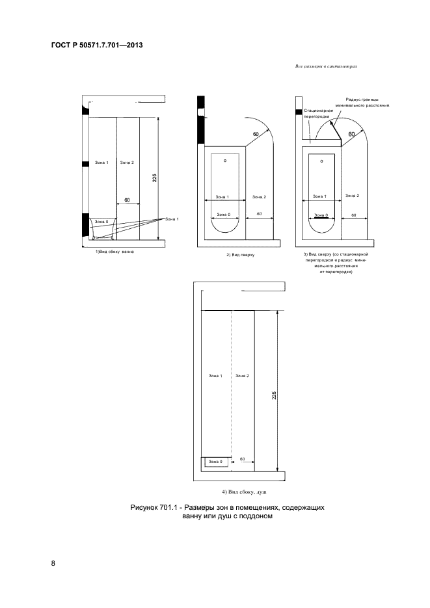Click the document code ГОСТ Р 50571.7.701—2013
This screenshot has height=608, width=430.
tap(96, 46)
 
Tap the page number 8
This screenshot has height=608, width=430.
tap(53, 562)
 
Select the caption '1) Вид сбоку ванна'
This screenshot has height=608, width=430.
tap(116, 252)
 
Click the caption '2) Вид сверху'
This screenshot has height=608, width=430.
tap(240, 256)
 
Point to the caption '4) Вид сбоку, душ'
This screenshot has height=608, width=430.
tap(239, 494)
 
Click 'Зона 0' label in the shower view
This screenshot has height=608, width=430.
tap(216, 462)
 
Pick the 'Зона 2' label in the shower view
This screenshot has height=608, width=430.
tap(242, 376)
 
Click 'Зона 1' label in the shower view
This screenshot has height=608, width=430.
tap(215, 376)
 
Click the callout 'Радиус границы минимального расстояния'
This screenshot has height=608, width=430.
tap(362, 102)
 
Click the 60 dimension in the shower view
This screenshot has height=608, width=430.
tap(242, 459)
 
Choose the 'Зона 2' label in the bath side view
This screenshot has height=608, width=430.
tap(127, 162)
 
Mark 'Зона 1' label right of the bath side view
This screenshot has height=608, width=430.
tap(172, 219)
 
